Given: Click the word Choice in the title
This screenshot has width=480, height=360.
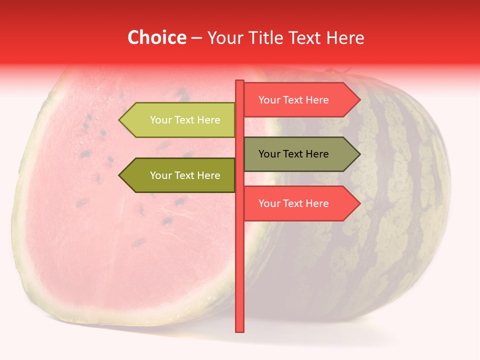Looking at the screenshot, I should (156, 37).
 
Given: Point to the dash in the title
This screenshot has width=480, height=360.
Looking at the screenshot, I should (196, 38).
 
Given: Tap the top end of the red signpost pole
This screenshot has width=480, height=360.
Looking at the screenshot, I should (240, 82).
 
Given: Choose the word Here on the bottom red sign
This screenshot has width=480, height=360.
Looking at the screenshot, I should (317, 203).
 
